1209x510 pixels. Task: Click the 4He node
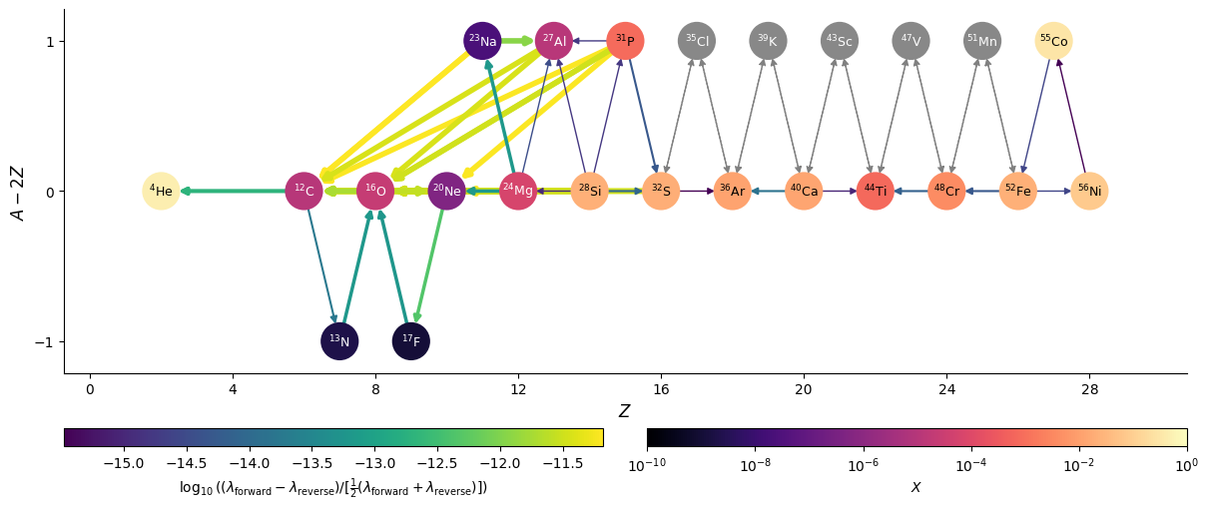[x=161, y=191]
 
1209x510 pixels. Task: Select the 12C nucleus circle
[x=303, y=191]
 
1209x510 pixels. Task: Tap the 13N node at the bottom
[x=339, y=341]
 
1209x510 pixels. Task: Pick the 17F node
[x=410, y=341]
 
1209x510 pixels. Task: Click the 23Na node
[x=482, y=41]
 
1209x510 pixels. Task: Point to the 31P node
[x=625, y=41]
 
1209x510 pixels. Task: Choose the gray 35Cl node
[x=697, y=41]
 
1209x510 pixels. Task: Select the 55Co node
[x=1053, y=41]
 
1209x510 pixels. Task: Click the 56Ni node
[x=1089, y=191]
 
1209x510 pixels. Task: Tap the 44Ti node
[x=875, y=191]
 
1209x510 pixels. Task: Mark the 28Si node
[x=589, y=191]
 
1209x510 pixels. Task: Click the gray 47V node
[x=910, y=41]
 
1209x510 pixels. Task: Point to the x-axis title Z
[x=624, y=411]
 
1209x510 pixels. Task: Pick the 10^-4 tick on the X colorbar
[x=971, y=465]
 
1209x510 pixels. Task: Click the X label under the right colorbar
[x=916, y=487]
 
